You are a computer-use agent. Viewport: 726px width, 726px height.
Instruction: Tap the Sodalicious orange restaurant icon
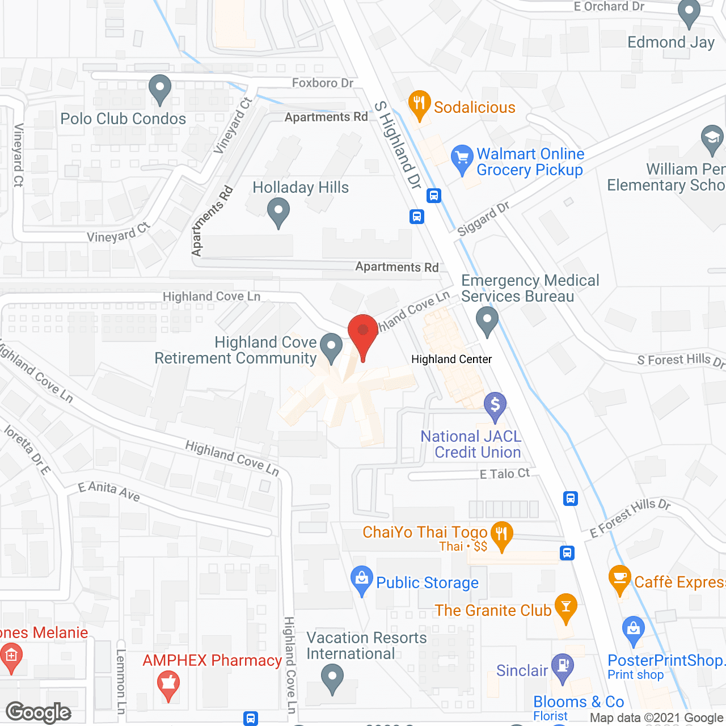pyautogui.click(x=419, y=104)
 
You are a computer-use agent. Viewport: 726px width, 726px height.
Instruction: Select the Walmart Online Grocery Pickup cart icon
pyautogui.click(x=462, y=159)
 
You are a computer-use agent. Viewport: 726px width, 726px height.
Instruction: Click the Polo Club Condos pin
pyautogui.click(x=160, y=89)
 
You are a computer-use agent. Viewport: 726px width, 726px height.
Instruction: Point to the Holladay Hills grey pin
pyautogui.click(x=278, y=212)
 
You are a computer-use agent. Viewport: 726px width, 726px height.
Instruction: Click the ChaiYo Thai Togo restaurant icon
pyautogui.click(x=501, y=535)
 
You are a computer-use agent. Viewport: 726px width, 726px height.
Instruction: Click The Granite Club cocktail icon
pyautogui.click(x=565, y=607)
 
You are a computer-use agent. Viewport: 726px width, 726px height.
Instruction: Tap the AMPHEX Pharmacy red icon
pyautogui.click(x=168, y=684)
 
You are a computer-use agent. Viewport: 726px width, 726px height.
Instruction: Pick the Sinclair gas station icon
pyautogui.click(x=563, y=667)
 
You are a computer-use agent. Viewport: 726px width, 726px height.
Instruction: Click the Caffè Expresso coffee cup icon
pyautogui.click(x=619, y=579)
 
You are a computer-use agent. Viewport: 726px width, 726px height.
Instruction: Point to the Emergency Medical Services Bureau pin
pyautogui.click(x=487, y=321)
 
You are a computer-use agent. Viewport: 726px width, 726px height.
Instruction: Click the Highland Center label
pyautogui.click(x=451, y=359)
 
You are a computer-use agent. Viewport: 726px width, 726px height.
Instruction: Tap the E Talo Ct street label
pyautogui.click(x=504, y=474)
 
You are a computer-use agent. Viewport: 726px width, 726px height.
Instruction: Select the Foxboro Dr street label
pyautogui.click(x=323, y=83)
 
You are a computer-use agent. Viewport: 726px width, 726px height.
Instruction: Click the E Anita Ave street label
pyautogui.click(x=109, y=491)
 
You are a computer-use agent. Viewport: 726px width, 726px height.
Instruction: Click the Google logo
pyautogui.click(x=39, y=712)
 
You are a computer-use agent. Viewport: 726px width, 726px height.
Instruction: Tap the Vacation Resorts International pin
pyautogui.click(x=332, y=678)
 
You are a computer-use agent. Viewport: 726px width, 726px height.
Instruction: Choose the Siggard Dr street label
pyautogui.click(x=483, y=219)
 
